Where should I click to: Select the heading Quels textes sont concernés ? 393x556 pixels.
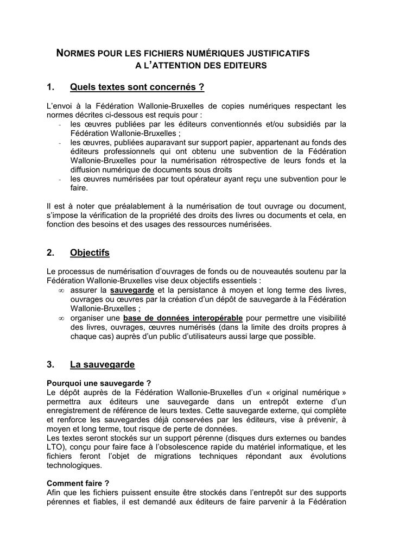tap(137, 87)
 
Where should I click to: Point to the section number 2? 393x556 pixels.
tap(50, 252)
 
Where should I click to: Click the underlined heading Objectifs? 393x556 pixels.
tap(90, 252)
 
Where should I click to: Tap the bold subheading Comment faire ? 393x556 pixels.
tap(78, 483)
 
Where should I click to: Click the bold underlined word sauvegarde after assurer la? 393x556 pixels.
tap(132, 291)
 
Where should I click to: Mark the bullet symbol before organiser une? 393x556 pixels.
tap(60, 318)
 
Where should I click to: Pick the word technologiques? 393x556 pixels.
tap(74, 465)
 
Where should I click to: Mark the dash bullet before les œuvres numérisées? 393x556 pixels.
tap(59, 179)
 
